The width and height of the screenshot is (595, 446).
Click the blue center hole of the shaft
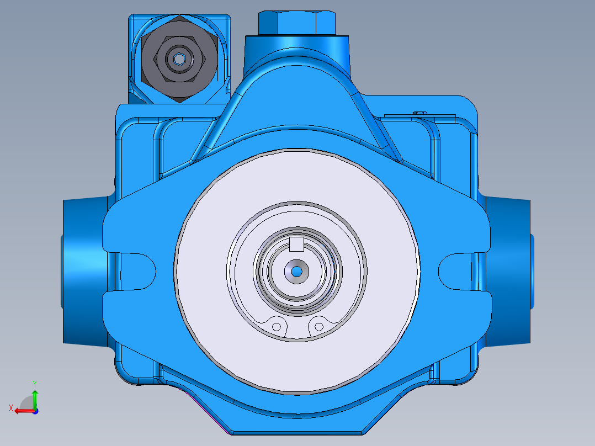click(x=296, y=271)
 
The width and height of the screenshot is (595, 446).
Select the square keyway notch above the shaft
click(x=297, y=243)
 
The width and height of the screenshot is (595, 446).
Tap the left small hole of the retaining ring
click(x=277, y=327)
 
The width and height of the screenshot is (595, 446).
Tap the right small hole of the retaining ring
click(x=318, y=327)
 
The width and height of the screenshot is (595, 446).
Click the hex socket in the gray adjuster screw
click(x=179, y=59)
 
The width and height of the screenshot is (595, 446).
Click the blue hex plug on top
click(x=297, y=22)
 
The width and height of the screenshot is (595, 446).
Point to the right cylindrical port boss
click(x=511, y=270)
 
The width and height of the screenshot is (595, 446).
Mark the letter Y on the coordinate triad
click(x=35, y=383)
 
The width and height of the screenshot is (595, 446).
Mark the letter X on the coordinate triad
click(x=10, y=408)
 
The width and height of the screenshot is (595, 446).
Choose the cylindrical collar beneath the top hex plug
click(x=297, y=46)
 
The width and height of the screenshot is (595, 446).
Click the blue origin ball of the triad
click(x=35, y=411)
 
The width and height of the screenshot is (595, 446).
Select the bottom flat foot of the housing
click(x=297, y=428)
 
